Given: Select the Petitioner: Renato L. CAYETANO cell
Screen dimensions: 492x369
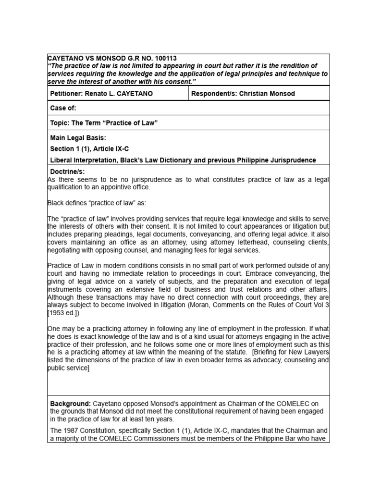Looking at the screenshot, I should [x=101, y=94].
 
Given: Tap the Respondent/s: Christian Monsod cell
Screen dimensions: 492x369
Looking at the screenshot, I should [x=243, y=94].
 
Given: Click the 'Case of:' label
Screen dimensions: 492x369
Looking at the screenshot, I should [x=63, y=109].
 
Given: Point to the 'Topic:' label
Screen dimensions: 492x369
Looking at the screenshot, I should [x=60, y=123].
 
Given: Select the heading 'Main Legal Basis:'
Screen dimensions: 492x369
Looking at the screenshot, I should [x=78, y=138].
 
